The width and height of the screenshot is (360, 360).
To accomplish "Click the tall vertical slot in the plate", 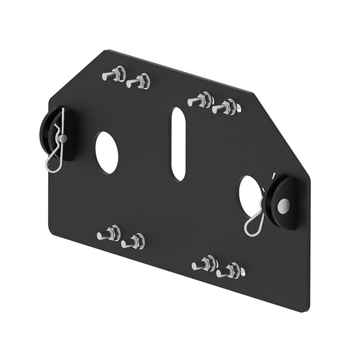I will pos(178,144).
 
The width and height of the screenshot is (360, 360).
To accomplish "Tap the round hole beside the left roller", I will pos(106,152).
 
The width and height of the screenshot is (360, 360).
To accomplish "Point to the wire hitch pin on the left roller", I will pos(57,147).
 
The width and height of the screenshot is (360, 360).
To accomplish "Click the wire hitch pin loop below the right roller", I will pos(255,222).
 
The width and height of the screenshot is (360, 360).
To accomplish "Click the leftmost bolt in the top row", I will pos(113,75).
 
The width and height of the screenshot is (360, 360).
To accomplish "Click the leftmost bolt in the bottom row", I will pos(109,233).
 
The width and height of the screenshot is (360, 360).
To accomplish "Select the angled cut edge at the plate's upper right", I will pos(282,132).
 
